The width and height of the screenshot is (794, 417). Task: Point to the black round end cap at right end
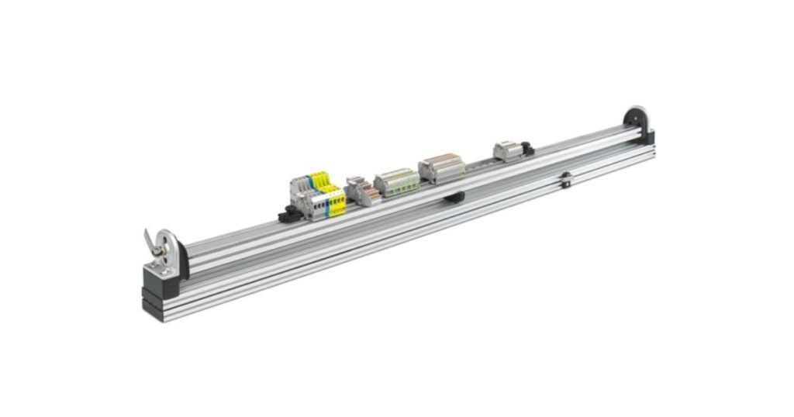pyautogui.click(x=637, y=121)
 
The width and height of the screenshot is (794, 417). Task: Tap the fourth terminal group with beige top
pyautogui.click(x=440, y=167)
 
